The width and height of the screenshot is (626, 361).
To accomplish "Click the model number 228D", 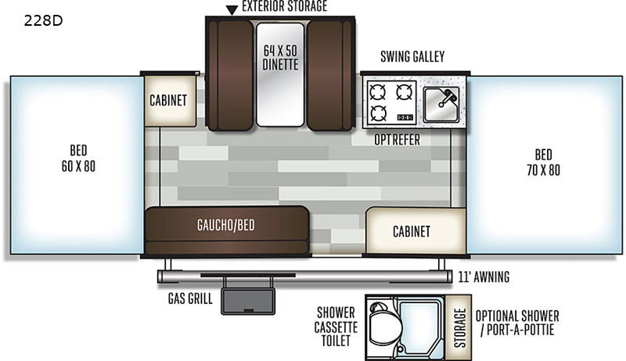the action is click(x=43, y=20).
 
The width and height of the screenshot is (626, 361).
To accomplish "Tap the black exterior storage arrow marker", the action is click(x=232, y=10).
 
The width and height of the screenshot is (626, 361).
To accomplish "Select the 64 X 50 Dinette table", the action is click(x=280, y=74).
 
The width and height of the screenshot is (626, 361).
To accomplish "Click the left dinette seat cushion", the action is click(x=231, y=75).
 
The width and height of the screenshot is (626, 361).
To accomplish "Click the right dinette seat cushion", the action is click(x=329, y=75).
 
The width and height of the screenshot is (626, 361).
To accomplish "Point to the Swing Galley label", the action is click(x=412, y=56).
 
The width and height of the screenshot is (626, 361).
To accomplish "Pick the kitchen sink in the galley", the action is click(x=441, y=105).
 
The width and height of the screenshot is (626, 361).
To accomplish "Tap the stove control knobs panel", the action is click(x=405, y=117).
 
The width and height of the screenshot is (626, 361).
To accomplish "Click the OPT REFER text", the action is click(x=397, y=140).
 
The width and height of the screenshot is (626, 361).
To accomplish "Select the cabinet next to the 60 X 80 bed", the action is click(x=170, y=101).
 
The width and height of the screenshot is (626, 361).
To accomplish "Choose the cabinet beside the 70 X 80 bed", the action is click(x=416, y=231).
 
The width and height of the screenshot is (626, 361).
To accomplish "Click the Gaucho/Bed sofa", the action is click(x=227, y=231).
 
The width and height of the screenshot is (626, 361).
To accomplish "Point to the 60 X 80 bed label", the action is click(x=78, y=158).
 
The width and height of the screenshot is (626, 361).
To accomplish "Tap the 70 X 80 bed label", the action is click(x=543, y=163).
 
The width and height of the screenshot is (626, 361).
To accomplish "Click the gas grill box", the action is click(x=248, y=302).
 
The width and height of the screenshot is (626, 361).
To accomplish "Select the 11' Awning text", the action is click(x=484, y=277).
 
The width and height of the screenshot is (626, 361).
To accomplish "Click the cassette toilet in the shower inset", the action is click(x=382, y=324).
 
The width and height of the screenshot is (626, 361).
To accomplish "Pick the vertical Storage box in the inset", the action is click(x=459, y=327).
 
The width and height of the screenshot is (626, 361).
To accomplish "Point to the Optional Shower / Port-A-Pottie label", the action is click(x=517, y=323).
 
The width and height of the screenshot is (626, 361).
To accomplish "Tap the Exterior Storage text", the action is click(x=285, y=6).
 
